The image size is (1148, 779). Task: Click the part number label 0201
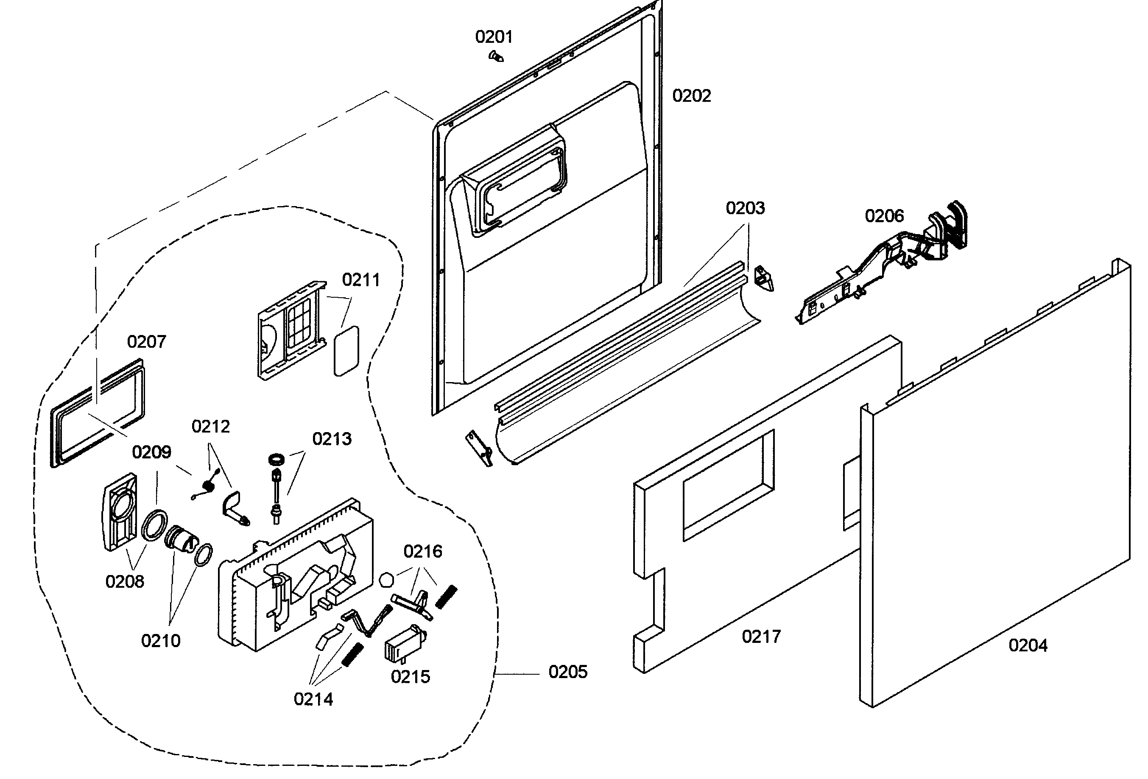click(x=494, y=36)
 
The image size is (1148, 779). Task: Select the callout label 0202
click(x=691, y=95)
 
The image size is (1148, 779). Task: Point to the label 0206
click(x=884, y=216)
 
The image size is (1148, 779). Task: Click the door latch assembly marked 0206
click(x=884, y=267)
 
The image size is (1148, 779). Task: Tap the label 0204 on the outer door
click(x=1028, y=645)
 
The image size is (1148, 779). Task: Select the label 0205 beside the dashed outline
click(x=567, y=672)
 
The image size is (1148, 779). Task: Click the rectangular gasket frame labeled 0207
click(x=99, y=413)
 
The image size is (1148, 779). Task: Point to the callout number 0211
click(x=360, y=280)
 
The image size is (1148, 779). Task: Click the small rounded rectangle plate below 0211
click(x=346, y=350)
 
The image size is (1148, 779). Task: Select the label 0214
click(x=313, y=699)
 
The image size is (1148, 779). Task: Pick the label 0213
click(x=332, y=438)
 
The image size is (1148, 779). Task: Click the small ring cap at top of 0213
click(x=277, y=459)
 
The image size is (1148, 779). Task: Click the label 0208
click(x=125, y=581)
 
